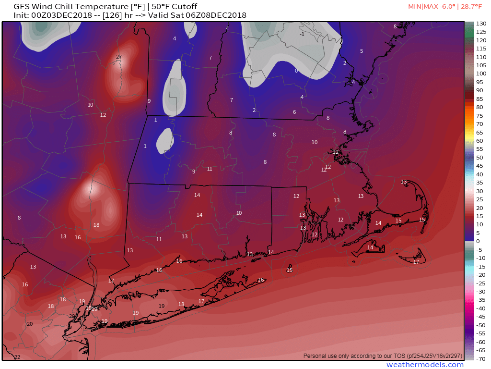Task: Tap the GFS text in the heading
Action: (x=21, y=7)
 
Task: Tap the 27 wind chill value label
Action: (x=119, y=57)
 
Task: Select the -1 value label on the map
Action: (x=302, y=34)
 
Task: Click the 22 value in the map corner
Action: (x=17, y=357)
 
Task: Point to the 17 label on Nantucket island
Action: (x=416, y=262)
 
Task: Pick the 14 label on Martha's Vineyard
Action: (x=370, y=247)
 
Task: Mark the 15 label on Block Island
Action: (x=290, y=270)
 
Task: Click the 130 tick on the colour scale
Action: (x=481, y=24)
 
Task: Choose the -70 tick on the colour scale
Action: (x=481, y=358)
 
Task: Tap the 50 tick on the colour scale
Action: (x=479, y=158)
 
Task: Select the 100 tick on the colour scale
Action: (x=481, y=74)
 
